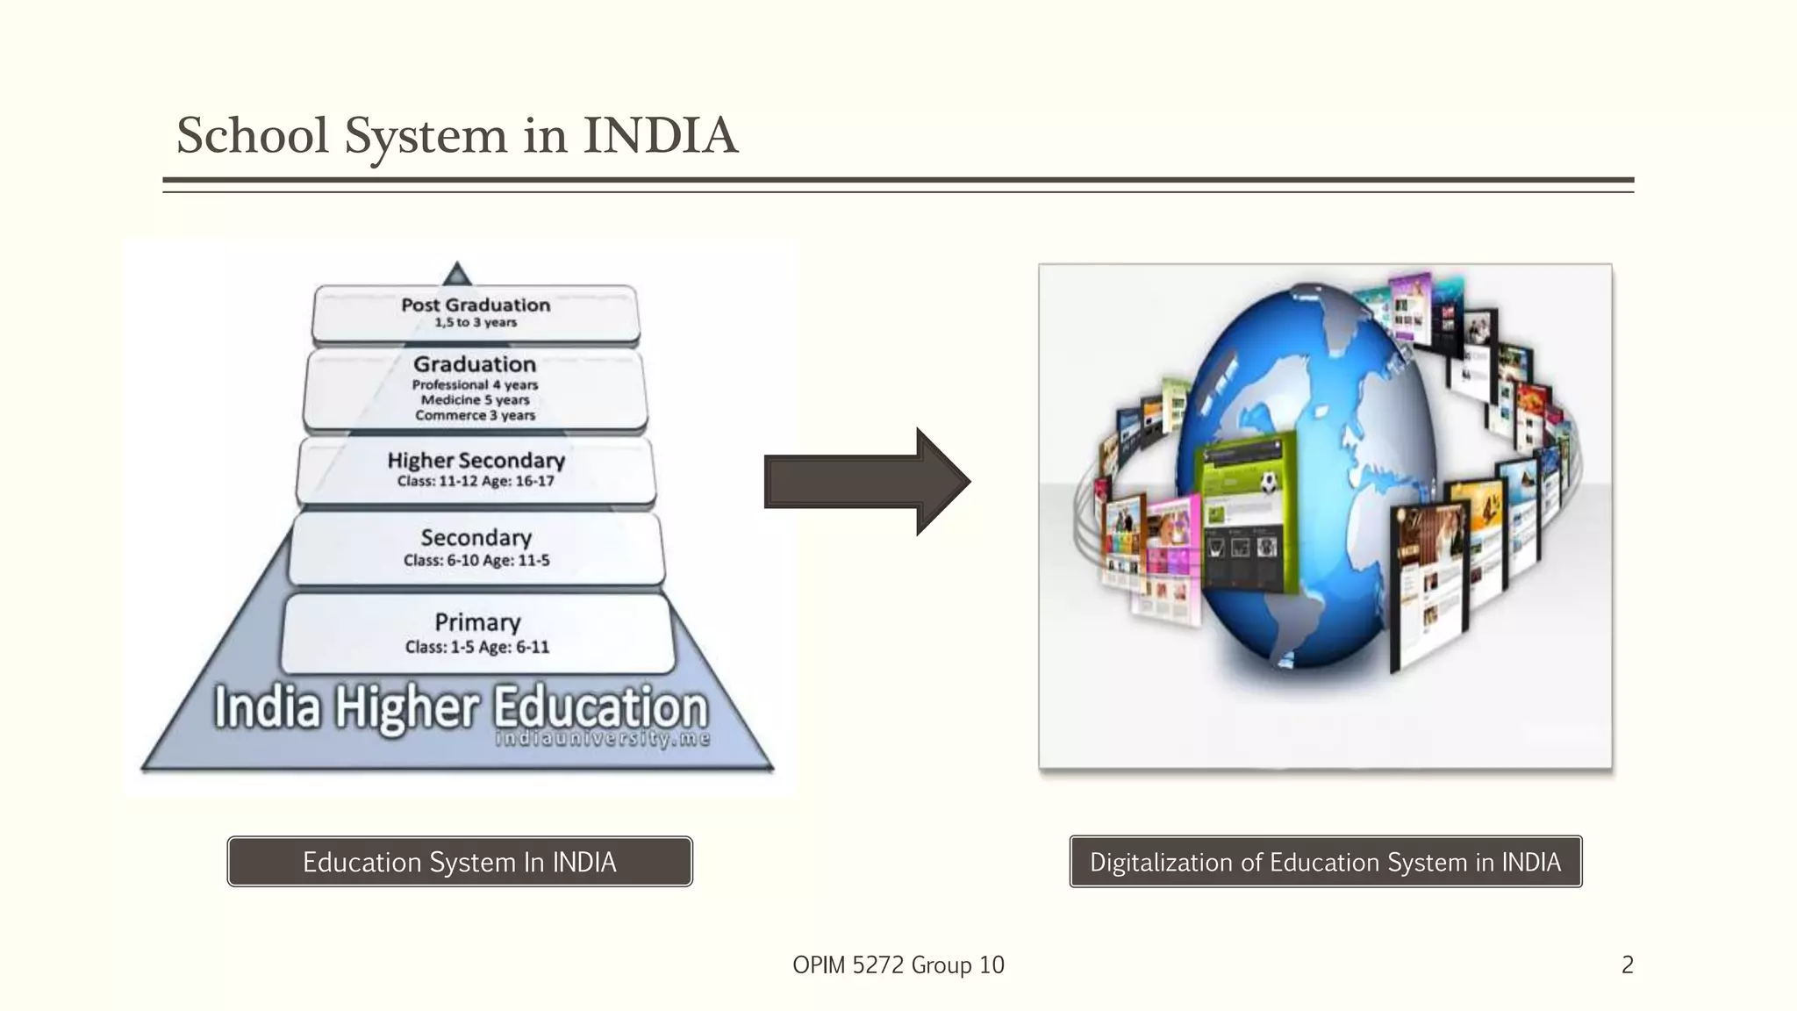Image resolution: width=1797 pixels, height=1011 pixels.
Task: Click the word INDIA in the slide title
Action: [x=660, y=136]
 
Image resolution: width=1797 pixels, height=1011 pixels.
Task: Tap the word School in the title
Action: [x=253, y=136]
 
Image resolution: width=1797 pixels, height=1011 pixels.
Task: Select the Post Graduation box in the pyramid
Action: [x=476, y=312]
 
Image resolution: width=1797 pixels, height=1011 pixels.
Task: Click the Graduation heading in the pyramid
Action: [x=475, y=364]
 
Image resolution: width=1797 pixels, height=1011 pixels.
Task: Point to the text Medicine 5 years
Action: [x=475, y=400]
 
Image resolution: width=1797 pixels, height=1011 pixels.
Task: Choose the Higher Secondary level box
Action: [x=476, y=470]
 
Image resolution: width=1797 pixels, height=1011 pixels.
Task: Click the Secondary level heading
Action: [x=476, y=537]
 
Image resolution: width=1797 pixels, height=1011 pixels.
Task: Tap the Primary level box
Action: [x=477, y=633]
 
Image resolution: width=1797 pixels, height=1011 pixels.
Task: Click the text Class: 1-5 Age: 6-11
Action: [x=477, y=648]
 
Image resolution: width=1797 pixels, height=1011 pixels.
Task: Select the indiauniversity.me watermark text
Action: [x=603, y=739]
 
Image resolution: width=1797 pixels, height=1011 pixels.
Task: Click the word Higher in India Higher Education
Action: [x=407, y=707]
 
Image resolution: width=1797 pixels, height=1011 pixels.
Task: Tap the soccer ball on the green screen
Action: [x=1268, y=482]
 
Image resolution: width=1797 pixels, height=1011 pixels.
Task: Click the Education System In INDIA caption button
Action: [x=460, y=862]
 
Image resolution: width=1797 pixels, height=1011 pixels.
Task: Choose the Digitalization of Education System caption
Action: [x=1325, y=862]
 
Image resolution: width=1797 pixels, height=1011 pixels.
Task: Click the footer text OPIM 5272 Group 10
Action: [x=898, y=965]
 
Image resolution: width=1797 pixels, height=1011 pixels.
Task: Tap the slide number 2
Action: [x=1628, y=965]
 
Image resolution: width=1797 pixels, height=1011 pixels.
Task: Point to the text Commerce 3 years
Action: [x=475, y=415]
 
